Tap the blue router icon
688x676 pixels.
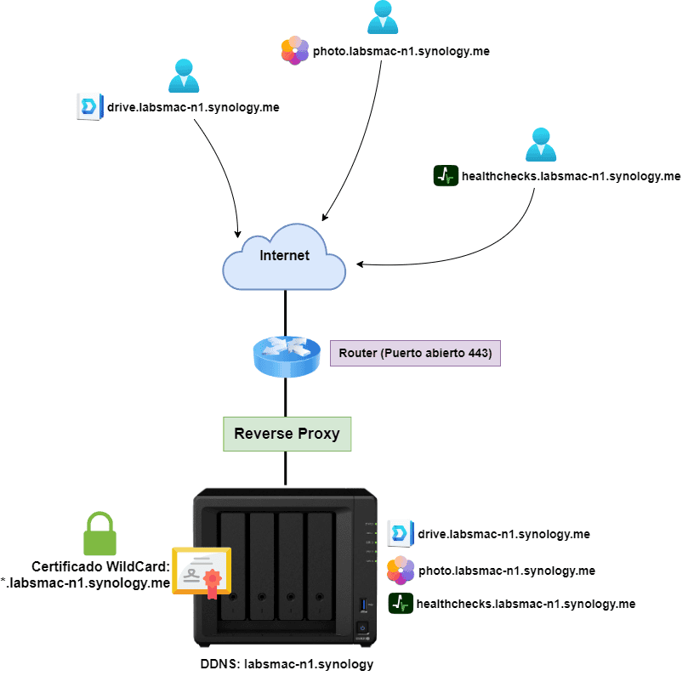coord(284,354)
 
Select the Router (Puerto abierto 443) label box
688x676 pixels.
coord(415,353)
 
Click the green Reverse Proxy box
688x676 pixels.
coord(287,434)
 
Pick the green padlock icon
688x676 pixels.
coord(99,534)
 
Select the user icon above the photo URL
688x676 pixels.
coord(383,18)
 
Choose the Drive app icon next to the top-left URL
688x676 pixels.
coord(89,107)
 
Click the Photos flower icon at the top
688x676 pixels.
coord(295,51)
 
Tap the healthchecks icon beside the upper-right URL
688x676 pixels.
coord(446,176)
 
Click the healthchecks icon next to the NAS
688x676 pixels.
coord(401,604)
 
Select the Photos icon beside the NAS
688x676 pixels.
coord(401,570)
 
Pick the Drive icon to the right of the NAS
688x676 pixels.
coord(401,534)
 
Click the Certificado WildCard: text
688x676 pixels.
coord(101,566)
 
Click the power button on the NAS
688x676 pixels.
coord(361,629)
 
